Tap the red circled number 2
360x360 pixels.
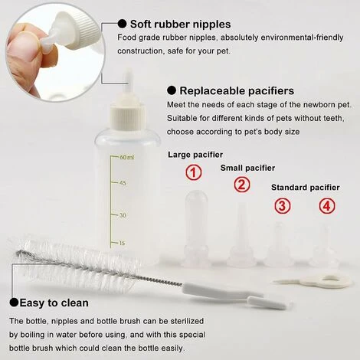[242, 185]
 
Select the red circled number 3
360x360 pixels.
[283, 205]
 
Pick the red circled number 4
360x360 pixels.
[327, 205]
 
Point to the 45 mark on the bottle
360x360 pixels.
[123, 183]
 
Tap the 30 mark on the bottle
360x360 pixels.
[123, 215]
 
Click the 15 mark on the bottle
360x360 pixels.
[123, 244]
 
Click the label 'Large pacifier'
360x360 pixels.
[195, 155]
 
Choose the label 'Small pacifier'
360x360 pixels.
[247, 168]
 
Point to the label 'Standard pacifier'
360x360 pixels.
[305, 188]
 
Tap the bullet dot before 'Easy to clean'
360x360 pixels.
[14, 303]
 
